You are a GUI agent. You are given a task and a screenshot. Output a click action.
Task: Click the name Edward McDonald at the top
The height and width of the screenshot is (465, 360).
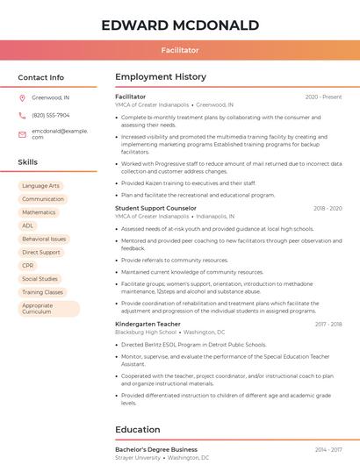[180, 25]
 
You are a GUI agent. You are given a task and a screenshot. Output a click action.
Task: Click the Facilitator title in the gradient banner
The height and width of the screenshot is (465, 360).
[180, 51]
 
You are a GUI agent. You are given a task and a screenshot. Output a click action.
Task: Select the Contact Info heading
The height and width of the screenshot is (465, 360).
[40, 77]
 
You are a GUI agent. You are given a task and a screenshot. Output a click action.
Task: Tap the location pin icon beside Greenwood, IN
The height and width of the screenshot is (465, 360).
[22, 97]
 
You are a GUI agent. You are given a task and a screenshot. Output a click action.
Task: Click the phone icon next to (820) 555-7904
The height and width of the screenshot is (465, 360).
[22, 115]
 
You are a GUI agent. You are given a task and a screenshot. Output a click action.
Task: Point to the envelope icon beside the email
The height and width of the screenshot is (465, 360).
[22, 133]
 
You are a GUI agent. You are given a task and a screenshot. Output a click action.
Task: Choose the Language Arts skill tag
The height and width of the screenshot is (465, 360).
[40, 186]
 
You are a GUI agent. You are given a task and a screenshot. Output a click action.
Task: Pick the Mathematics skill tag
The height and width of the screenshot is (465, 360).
[39, 212]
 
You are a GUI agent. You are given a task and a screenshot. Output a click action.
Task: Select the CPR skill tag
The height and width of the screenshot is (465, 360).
[28, 265]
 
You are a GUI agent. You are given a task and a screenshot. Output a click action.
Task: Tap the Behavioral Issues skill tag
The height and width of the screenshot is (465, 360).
[44, 239]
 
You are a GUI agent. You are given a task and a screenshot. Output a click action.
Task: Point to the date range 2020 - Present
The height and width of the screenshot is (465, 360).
[323, 97]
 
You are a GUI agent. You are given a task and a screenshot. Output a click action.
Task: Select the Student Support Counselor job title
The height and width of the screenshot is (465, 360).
[155, 208]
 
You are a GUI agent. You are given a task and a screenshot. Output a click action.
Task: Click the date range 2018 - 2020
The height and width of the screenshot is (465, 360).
[328, 209]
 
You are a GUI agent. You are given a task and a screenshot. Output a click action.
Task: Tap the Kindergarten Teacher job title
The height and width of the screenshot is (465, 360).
[147, 325]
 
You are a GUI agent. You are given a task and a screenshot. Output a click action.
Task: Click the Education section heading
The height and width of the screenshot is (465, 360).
[137, 429]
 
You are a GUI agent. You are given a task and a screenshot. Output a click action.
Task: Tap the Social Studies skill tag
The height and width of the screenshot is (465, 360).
[40, 279]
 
